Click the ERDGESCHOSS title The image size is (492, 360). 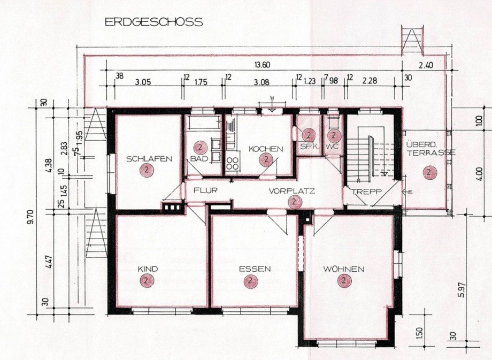click(x=153, y=22)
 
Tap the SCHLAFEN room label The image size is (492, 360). click(x=149, y=159)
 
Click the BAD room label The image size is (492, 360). click(x=199, y=159)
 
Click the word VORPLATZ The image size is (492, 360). click(x=292, y=190)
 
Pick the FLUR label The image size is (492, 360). click(x=204, y=190)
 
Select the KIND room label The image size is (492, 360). click(x=148, y=269)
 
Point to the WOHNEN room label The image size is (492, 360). click(x=343, y=269)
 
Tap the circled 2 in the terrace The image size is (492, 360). click(x=428, y=172)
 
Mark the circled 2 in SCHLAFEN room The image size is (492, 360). click(x=144, y=171)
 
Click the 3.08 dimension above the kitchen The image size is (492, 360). click(x=262, y=83)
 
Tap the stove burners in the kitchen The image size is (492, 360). click(x=233, y=163)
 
